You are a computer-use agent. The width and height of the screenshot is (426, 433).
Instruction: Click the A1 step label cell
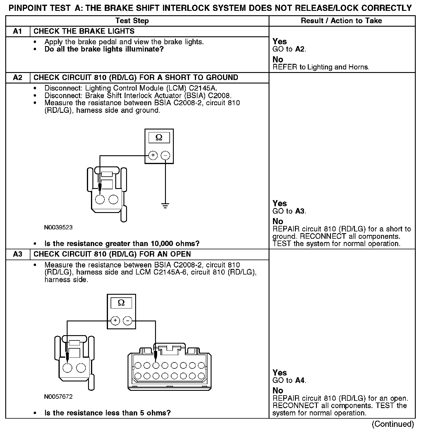[18, 31]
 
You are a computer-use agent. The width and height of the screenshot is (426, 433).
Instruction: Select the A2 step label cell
[18, 78]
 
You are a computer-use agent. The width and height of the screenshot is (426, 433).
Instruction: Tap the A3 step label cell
[18, 254]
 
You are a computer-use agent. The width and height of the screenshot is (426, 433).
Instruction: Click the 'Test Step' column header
[132, 21]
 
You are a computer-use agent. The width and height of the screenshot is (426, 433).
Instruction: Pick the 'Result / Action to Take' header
[341, 21]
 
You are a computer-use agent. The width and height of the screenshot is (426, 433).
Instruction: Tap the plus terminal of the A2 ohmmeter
[153, 155]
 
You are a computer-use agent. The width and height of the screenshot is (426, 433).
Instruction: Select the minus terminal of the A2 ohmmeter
[165, 155]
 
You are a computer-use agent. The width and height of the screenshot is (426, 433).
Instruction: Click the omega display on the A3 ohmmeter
[121, 303]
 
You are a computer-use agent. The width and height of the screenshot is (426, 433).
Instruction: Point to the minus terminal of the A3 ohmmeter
[128, 321]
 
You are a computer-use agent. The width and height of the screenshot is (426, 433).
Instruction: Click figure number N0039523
[58, 227]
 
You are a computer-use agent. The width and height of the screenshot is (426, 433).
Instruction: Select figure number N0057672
[58, 397]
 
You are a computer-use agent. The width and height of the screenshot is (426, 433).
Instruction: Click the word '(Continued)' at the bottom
[393, 424]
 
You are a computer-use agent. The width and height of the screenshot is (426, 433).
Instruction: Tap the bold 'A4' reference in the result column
[300, 381]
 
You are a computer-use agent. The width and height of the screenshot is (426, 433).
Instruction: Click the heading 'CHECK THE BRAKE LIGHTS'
[84, 31]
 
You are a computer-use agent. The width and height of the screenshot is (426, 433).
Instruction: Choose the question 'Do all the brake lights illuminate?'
[104, 49]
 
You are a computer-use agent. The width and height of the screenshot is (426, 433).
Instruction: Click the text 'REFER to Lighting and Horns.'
[321, 67]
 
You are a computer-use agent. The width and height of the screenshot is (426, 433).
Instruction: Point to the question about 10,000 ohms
[122, 244]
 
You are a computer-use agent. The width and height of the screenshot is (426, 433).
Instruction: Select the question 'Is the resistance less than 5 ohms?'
[107, 413]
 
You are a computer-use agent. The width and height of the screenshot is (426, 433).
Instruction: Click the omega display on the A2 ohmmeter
[159, 137]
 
